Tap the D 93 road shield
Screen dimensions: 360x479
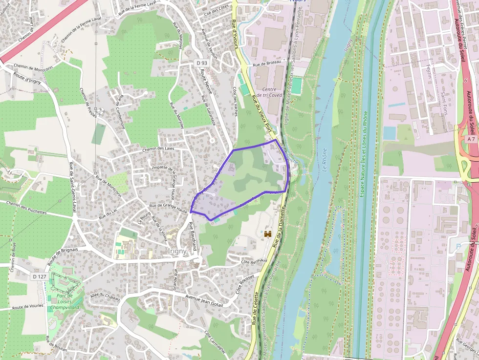click(x=202, y=63)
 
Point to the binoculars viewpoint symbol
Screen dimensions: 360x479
click(x=268, y=234)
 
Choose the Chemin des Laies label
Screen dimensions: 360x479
click(x=158, y=149)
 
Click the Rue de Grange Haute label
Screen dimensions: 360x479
click(x=169, y=208)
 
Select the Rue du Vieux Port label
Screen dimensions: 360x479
click(x=261, y=112)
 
